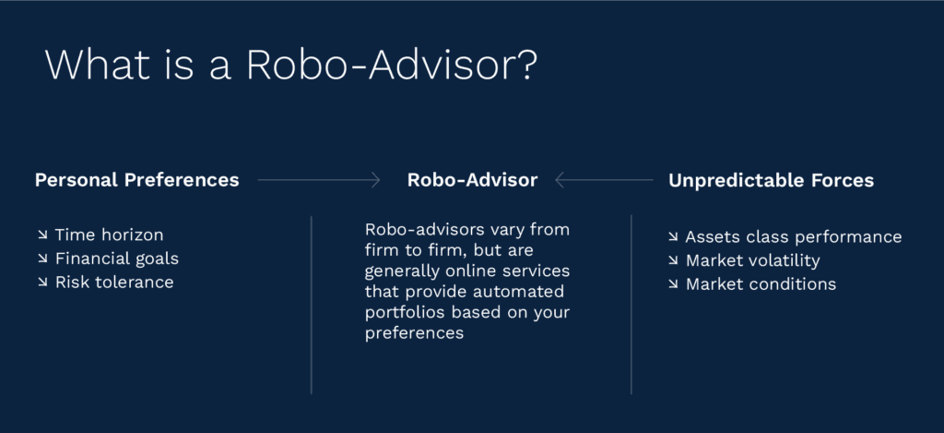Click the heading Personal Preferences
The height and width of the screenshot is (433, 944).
136,180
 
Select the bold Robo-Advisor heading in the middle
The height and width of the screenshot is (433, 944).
472,180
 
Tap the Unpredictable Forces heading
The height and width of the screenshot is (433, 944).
771,180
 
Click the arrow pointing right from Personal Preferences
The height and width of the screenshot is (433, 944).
319,180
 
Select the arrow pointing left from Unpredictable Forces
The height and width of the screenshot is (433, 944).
604,180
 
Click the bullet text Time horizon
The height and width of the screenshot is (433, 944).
109,235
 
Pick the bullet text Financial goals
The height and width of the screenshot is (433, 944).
117,259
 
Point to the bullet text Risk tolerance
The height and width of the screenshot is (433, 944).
114,283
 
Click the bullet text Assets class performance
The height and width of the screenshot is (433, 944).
794,237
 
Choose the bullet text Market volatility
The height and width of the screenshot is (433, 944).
752,260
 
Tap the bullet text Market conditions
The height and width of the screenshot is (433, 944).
761,284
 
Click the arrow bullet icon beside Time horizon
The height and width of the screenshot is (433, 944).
42,235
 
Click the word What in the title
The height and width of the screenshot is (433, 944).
97,65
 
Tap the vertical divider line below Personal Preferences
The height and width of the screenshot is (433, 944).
312,305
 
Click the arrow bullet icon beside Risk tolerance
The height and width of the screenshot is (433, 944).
42,283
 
